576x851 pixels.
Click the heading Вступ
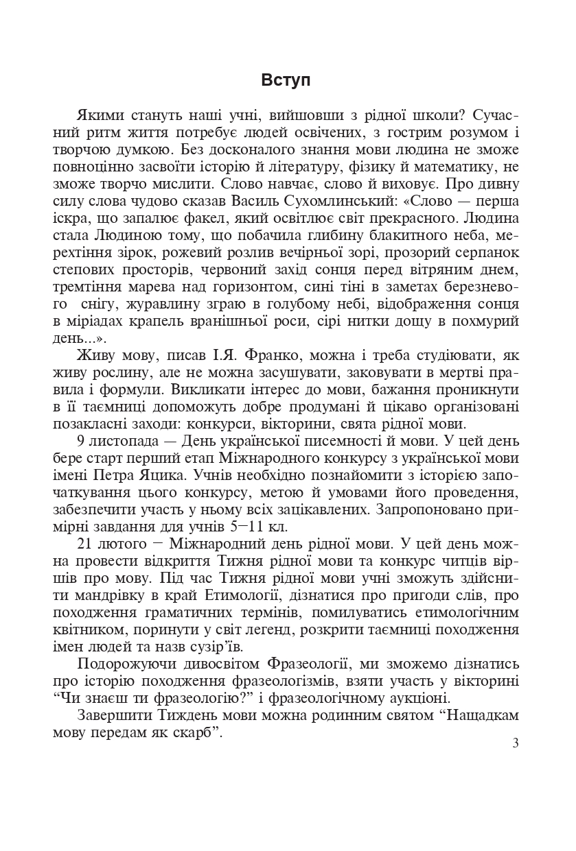click(286, 80)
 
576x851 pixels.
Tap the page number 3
click(516, 745)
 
